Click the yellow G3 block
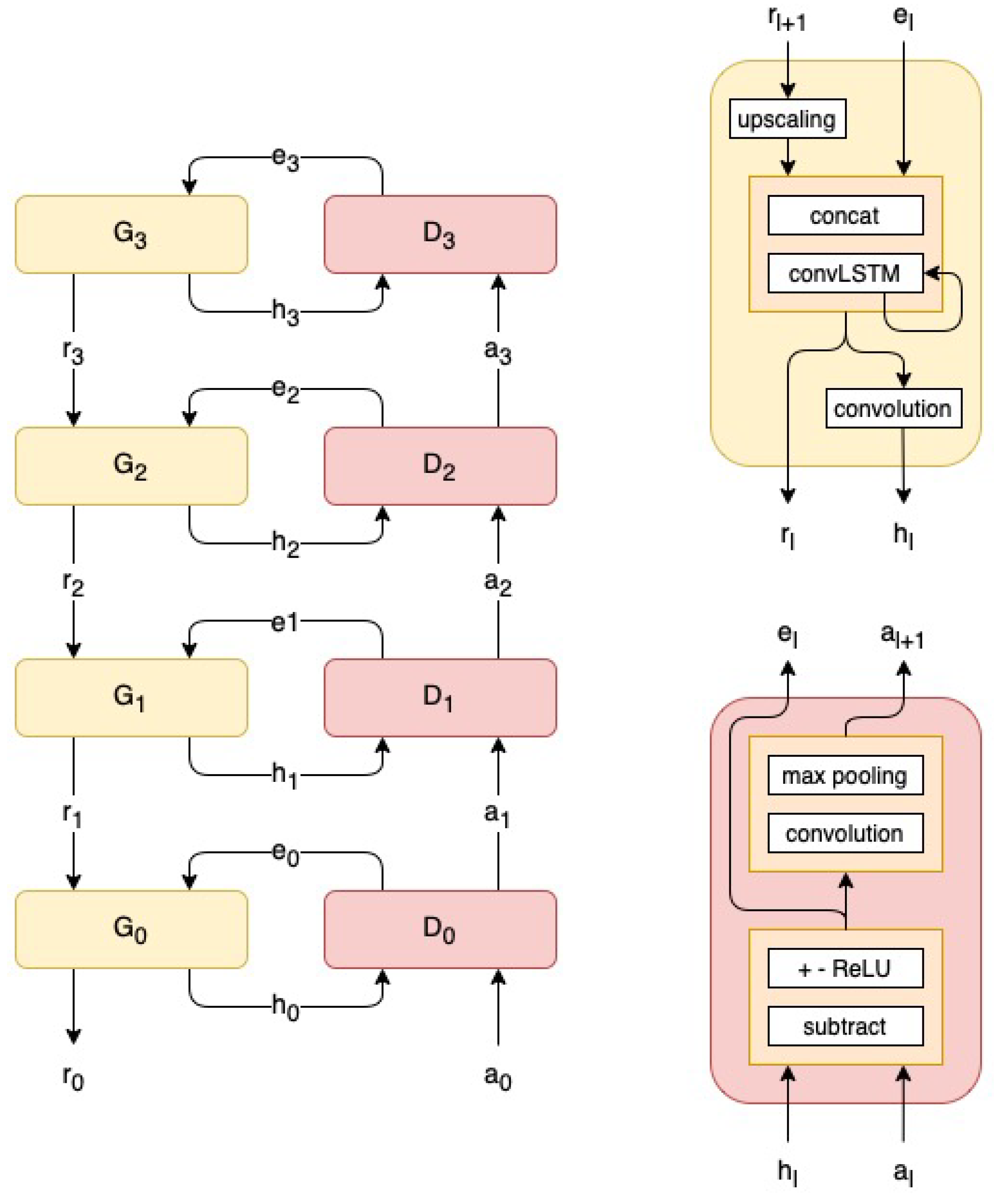tap(131, 234)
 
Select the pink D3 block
tap(440, 234)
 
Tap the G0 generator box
tap(131, 929)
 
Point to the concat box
tap(845, 215)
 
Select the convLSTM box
tap(845, 274)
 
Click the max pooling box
tap(845, 775)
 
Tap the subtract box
tap(845, 1026)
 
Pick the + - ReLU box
tap(845, 968)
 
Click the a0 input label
tap(497, 1077)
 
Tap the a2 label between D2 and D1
tap(497, 583)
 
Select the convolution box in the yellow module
tap(893, 408)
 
